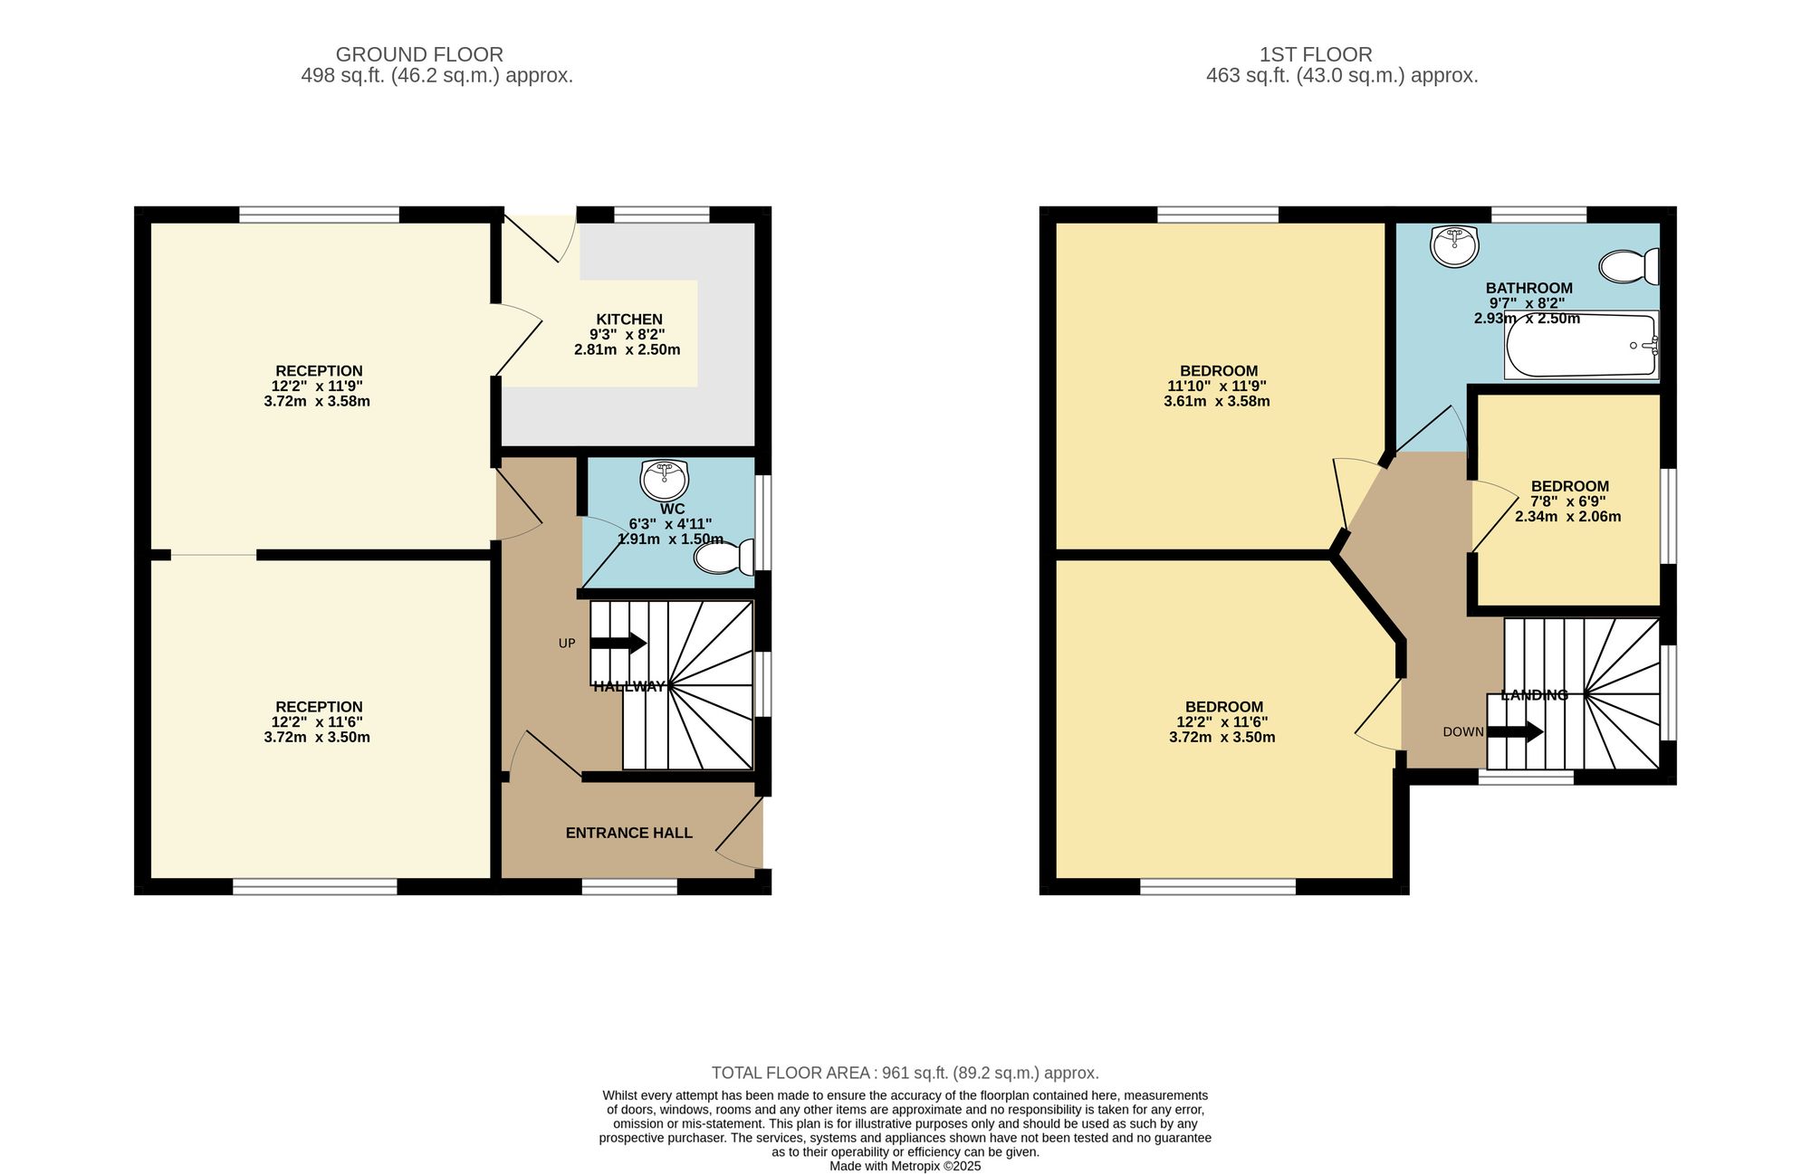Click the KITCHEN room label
(629, 320)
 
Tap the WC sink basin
(664, 480)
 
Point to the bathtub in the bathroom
(1581, 345)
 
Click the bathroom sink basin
(1455, 246)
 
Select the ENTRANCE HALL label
(629, 833)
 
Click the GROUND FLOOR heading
(419, 54)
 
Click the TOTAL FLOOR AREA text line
(905, 1074)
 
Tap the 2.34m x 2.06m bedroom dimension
(1568, 517)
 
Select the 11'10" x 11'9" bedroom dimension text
(1217, 387)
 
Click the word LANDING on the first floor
(1535, 695)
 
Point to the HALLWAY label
(629, 686)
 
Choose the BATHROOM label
(1529, 289)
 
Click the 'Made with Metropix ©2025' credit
(905, 1167)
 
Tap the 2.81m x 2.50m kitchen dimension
(628, 349)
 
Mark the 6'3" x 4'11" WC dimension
(671, 524)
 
